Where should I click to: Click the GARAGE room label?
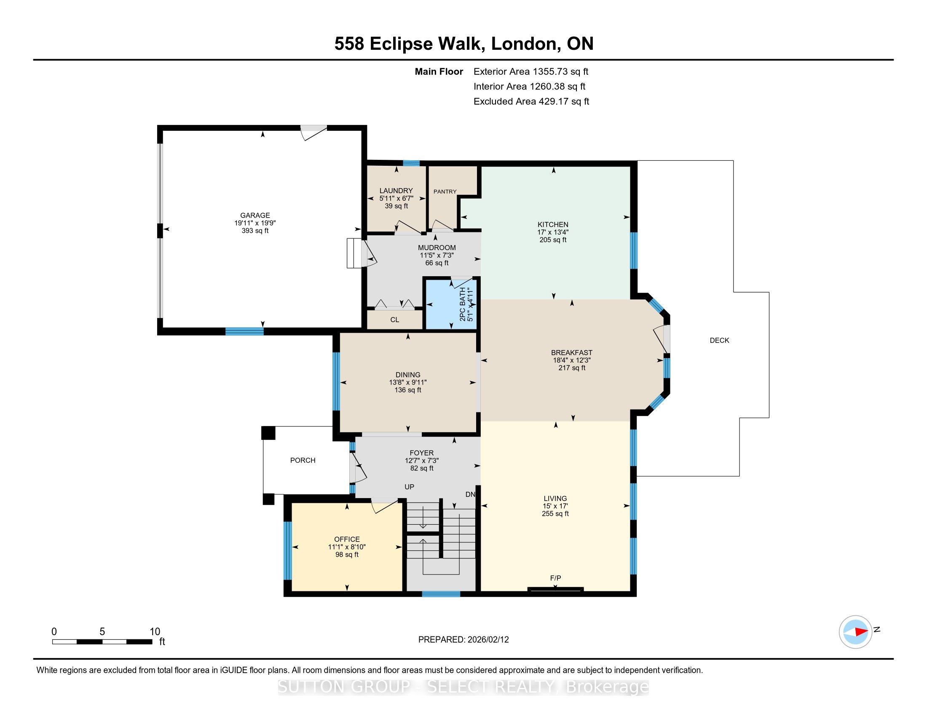pos(255,216)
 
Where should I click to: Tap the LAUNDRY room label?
pos(396,191)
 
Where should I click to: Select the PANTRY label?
pos(445,191)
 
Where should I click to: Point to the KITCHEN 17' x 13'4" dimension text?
pos(553,232)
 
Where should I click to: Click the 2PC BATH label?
pos(463,304)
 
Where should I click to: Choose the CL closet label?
pos(395,320)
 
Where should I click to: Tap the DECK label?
pos(719,340)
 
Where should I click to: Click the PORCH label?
pos(303,460)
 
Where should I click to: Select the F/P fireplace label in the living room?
pos(556,578)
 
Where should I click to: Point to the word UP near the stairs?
pos(409,487)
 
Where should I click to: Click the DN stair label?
pos(470,494)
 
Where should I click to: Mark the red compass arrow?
pos(861,632)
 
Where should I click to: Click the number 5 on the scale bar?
pos(102,632)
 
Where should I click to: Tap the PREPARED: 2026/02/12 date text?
pos(463,640)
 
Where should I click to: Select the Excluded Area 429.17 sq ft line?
pos(531,102)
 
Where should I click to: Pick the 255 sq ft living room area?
pos(555,514)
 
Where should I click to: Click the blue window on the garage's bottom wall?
pos(244,332)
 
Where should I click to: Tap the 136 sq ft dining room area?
pos(408,390)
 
